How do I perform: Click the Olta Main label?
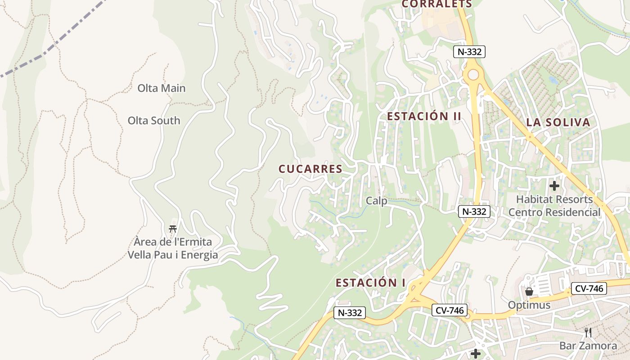point(161,88)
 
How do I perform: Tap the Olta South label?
point(153,121)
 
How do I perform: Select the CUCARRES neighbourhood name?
point(310,169)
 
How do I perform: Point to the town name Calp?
point(376,201)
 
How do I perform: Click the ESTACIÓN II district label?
point(424,116)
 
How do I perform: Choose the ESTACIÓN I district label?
point(370,283)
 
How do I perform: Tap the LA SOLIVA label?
point(558,122)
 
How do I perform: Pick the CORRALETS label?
point(436,4)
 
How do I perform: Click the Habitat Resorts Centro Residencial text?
point(554,206)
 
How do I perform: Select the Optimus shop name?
point(529,305)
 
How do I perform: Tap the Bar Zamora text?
point(588,346)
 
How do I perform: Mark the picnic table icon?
point(172,229)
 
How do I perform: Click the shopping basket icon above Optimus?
point(529,292)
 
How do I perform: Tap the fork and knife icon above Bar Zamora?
point(588,333)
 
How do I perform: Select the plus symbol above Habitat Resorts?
point(554,185)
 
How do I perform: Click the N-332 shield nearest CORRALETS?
point(469,52)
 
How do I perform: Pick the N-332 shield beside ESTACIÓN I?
point(350,313)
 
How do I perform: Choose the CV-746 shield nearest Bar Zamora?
point(589,288)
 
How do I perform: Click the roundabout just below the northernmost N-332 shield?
point(473,74)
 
